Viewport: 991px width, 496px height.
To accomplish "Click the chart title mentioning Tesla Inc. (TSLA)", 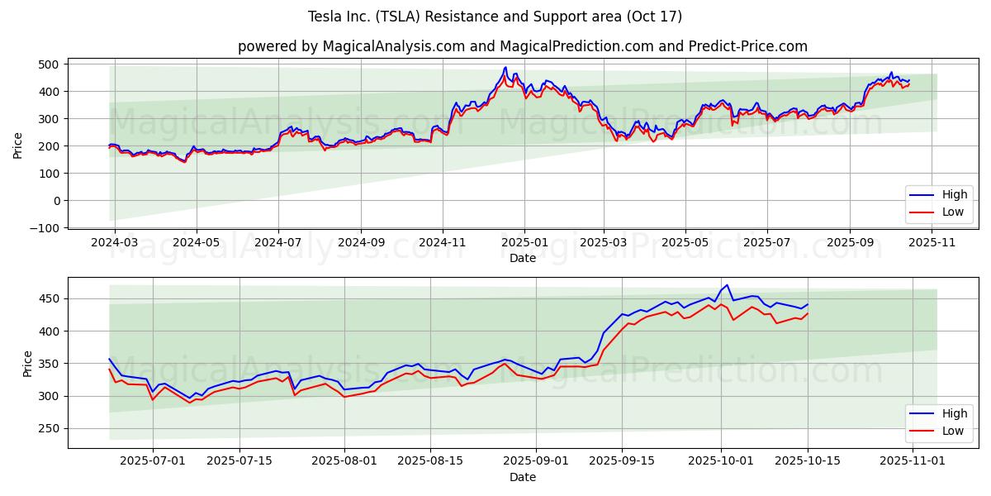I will point(495,17).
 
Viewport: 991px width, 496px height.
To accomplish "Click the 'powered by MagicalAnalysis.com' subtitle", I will point(523,46).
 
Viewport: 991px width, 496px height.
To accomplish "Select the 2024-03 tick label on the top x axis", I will point(114,244).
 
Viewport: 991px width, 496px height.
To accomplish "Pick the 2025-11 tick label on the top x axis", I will point(932,244).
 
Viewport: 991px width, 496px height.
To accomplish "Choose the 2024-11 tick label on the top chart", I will point(443,244).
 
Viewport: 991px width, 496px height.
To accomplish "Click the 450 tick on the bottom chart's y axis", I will point(51,298).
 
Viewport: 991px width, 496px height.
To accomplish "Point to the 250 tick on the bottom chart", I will point(51,428).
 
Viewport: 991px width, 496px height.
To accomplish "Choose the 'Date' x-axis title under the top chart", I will point(523,258).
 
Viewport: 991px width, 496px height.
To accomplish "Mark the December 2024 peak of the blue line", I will point(505,68).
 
